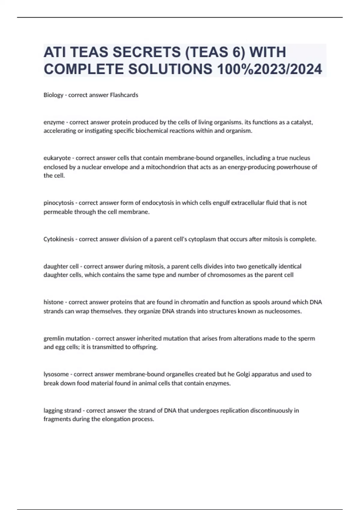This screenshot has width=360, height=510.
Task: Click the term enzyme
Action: coord(54,122)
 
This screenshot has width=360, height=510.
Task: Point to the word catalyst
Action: coord(302,122)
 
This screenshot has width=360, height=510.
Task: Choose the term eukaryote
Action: coord(57,158)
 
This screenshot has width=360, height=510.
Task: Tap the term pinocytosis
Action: coord(58,203)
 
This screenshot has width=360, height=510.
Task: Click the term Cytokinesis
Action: coord(58,239)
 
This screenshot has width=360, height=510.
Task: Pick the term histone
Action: coord(53,302)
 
